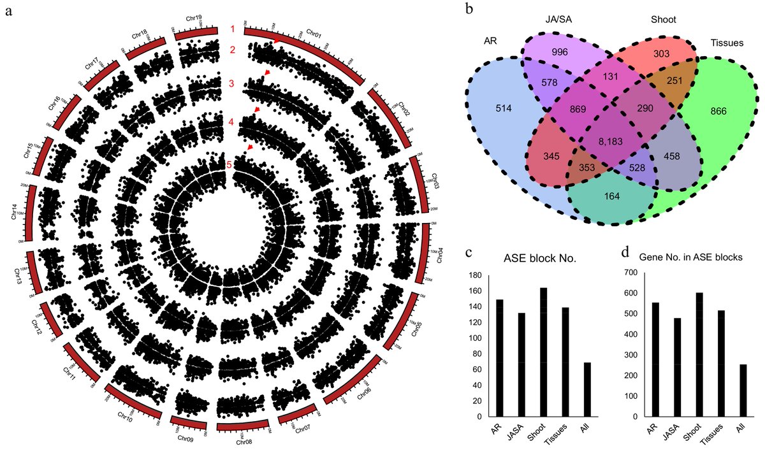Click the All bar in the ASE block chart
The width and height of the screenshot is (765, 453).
588,389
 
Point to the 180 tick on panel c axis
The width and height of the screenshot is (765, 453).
477,275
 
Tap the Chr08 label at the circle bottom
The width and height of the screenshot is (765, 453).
244,442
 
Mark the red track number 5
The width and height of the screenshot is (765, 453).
230,164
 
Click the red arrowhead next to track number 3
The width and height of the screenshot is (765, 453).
268,75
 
